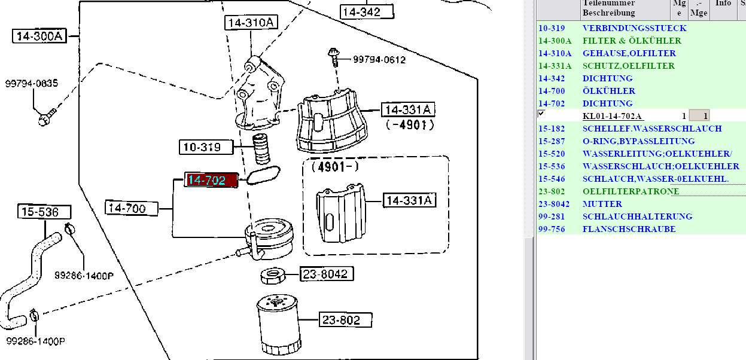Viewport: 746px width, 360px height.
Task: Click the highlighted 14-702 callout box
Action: tap(211, 180)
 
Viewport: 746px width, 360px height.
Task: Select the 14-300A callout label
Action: tap(39, 36)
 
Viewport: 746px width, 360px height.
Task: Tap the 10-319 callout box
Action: tap(206, 147)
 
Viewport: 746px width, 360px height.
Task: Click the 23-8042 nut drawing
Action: tap(273, 275)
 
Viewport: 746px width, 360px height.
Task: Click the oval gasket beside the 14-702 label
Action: tap(263, 175)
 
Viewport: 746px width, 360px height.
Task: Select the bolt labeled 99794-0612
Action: tap(334, 57)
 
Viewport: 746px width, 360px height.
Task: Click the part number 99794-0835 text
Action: tap(32, 83)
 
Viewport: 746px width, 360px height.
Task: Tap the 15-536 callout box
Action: tap(44, 212)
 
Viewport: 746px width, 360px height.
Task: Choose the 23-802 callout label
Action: tap(345, 320)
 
